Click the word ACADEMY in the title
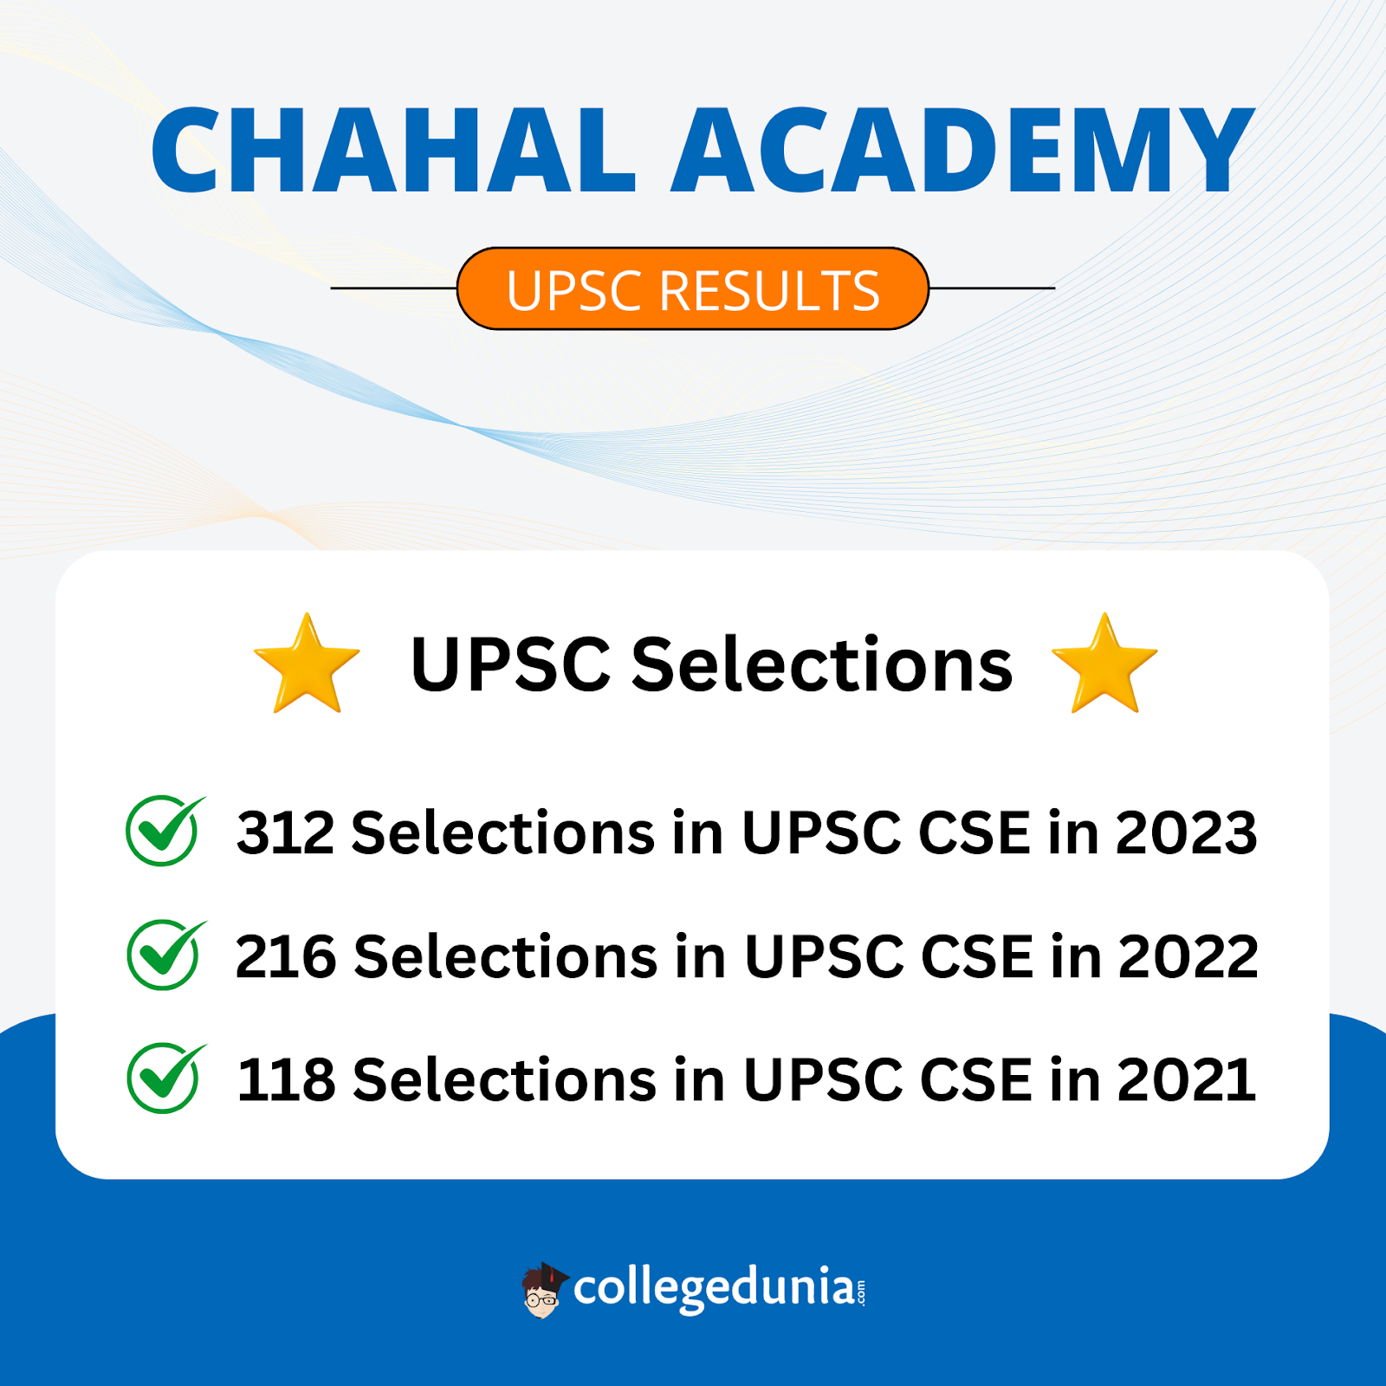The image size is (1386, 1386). [x=963, y=150]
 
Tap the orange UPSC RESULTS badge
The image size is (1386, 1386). [x=693, y=288]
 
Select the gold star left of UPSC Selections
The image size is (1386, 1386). [x=307, y=664]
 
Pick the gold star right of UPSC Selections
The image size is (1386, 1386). [x=1104, y=664]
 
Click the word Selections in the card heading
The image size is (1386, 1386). [x=822, y=664]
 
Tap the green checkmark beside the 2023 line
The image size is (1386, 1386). [x=165, y=830]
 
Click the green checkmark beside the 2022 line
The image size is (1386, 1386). [x=165, y=954]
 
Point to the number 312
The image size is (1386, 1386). [x=285, y=832]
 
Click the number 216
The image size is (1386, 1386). [x=285, y=956]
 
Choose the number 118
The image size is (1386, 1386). [x=286, y=1079]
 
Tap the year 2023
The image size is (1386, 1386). [x=1186, y=832]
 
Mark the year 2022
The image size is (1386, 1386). [x=1188, y=956]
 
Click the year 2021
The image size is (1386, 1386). [x=1186, y=1079]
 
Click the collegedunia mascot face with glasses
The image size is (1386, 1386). [x=543, y=1291]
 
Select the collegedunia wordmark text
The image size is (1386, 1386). [x=719, y=1288]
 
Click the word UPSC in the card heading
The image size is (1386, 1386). [x=511, y=664]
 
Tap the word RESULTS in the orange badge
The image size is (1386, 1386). [x=769, y=290]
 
